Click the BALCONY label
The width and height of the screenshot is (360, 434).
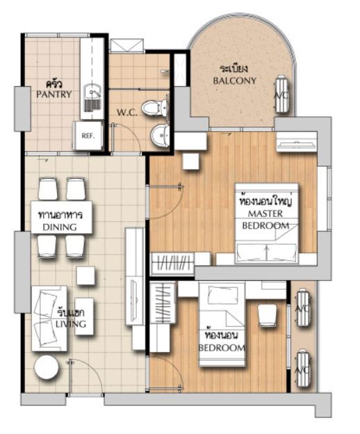[234, 81]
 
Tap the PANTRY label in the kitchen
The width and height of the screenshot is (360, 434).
[54, 94]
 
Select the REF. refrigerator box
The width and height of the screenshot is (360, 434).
[88, 136]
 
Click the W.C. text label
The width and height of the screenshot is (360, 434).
[126, 113]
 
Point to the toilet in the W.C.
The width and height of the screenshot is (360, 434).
[154, 107]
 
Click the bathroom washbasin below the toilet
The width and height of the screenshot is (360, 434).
[161, 135]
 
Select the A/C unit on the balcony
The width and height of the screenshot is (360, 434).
[282, 94]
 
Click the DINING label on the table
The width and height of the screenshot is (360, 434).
[60, 227]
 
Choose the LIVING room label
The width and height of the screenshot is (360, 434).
[71, 324]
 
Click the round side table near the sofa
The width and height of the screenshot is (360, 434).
[46, 367]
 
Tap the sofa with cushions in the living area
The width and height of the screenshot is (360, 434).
[49, 319]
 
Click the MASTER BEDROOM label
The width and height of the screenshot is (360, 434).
[265, 220]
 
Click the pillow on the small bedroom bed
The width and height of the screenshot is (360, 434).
[223, 295]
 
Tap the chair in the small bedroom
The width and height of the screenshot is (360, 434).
[267, 316]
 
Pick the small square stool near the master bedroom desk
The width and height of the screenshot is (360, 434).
[191, 161]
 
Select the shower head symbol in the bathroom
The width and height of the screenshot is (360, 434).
[164, 72]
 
